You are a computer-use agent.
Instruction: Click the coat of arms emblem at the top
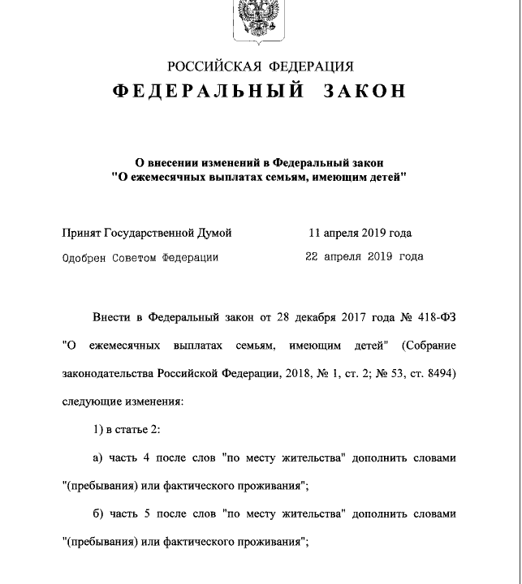pyautogui.click(x=261, y=19)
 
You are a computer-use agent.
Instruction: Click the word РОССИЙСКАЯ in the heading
pyautogui.click(x=214, y=67)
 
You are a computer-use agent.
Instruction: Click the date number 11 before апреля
pyautogui.click(x=315, y=234)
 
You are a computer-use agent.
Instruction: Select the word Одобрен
pyautogui.click(x=85, y=257)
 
